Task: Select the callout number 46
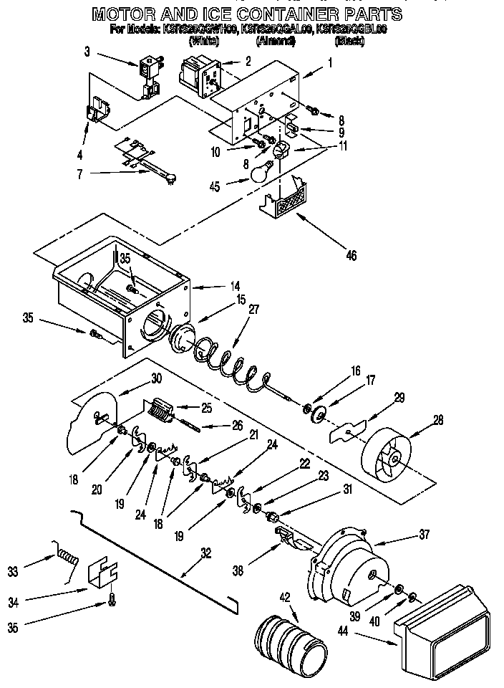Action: (x=351, y=254)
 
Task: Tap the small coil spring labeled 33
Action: (x=66, y=555)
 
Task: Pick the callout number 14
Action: (x=235, y=286)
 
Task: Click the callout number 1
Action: (x=330, y=62)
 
